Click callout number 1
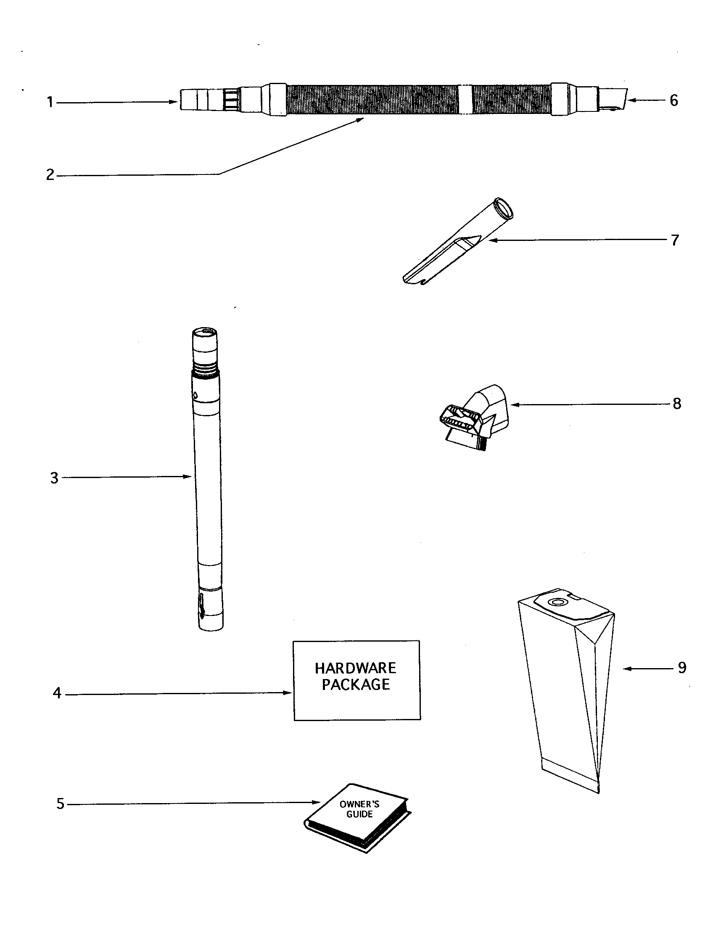50,102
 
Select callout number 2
50,174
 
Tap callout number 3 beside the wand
54,478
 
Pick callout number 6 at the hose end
673,100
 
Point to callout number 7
675,240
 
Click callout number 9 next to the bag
681,668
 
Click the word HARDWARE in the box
355,668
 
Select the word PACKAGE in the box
356,685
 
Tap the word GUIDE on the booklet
359,814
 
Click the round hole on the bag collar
555,602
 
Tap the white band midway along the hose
465,100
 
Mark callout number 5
61,803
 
